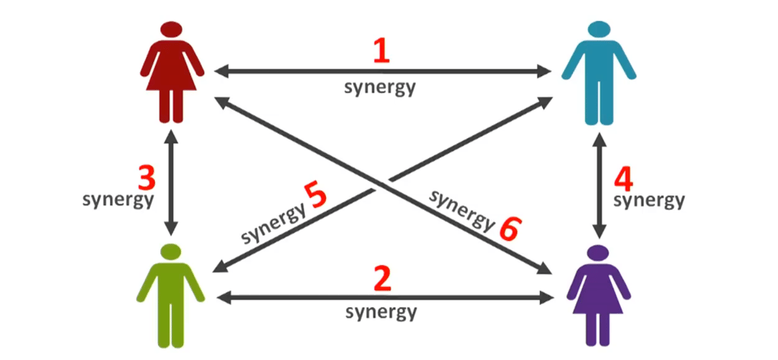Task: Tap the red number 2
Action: pyautogui.click(x=382, y=280)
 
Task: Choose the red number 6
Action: pyautogui.click(x=509, y=229)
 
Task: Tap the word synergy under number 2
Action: pyautogui.click(x=381, y=311)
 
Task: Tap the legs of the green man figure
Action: pyautogui.click(x=171, y=328)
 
